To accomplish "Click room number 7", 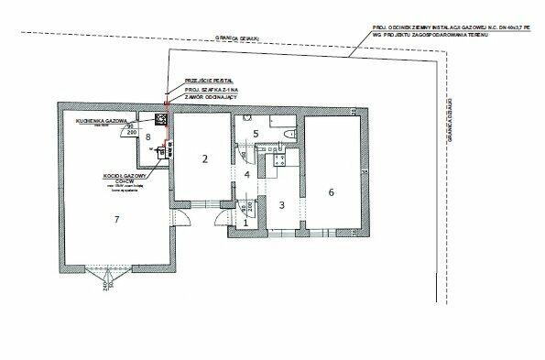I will (116, 219).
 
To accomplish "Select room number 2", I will (205, 158).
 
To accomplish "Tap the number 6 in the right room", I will (332, 191).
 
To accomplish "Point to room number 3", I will (282, 204).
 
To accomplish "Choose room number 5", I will (256, 134).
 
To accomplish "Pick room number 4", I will (246, 174).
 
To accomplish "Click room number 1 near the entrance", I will (245, 222).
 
